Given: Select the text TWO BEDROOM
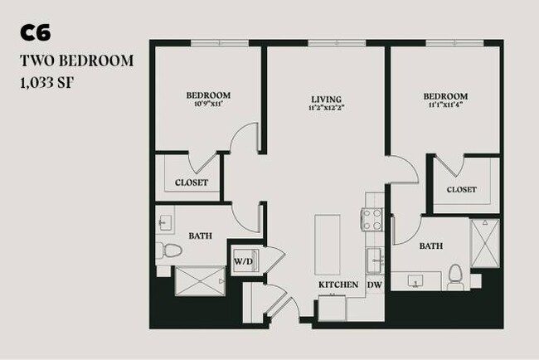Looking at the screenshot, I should (75, 61).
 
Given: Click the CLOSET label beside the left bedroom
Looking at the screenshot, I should (191, 182).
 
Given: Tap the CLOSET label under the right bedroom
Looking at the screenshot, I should (461, 190).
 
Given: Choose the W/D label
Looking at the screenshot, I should (242, 262).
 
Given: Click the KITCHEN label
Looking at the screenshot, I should (339, 285).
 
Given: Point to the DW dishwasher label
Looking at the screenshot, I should (374, 285).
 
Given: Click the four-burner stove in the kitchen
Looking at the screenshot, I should (371, 220).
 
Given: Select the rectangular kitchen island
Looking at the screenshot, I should (327, 246).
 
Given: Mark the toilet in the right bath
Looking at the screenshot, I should (454, 275).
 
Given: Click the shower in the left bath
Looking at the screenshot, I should (200, 280).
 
